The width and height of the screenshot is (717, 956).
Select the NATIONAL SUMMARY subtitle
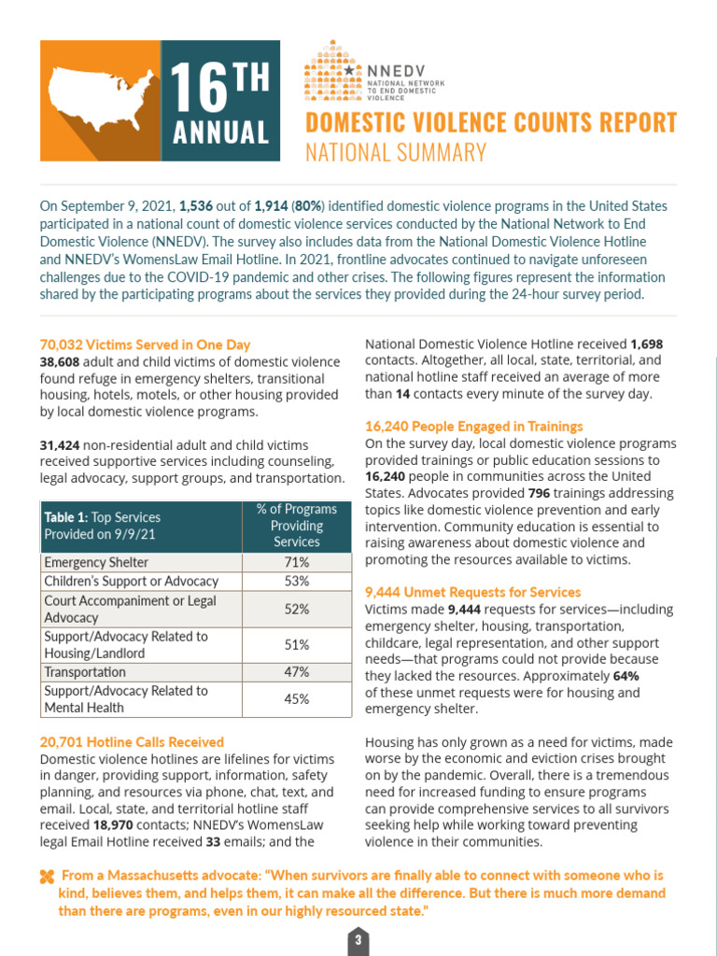point(397,152)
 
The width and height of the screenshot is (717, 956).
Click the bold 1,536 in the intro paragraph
point(196,205)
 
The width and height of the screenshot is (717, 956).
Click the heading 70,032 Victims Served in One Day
point(145,344)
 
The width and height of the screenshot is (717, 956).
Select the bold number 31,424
point(60,445)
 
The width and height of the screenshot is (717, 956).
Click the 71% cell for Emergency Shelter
point(296,563)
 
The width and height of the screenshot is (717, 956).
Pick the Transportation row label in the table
point(85,672)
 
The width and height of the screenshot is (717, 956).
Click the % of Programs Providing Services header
point(296,526)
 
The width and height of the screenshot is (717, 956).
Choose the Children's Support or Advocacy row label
point(131,582)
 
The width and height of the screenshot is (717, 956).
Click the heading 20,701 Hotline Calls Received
point(132,742)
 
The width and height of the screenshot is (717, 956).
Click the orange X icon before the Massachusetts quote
point(47,877)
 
